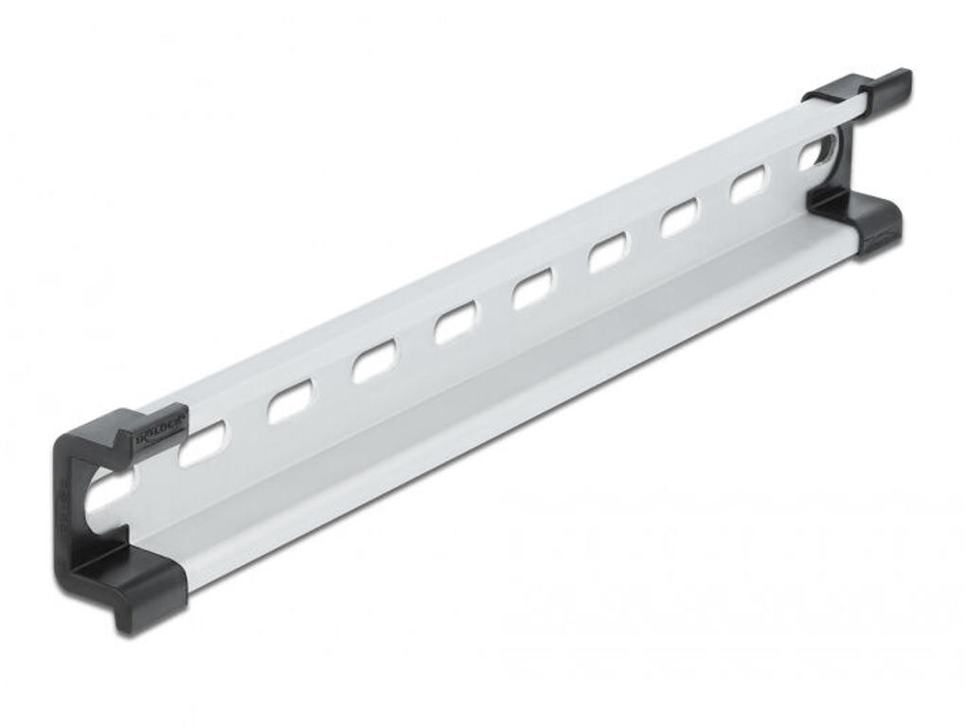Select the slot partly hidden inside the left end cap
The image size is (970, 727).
pos(110,491)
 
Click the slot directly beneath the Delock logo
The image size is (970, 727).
pos(203,443)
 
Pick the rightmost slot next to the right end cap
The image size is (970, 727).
pos(817,152)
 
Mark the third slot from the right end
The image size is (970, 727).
pos(678,219)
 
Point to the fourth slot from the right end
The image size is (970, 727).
pos(607,254)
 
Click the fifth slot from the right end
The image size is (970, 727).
pos(532,289)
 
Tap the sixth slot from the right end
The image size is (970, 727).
pos(456,326)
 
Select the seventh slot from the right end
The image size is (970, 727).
pos(375,363)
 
